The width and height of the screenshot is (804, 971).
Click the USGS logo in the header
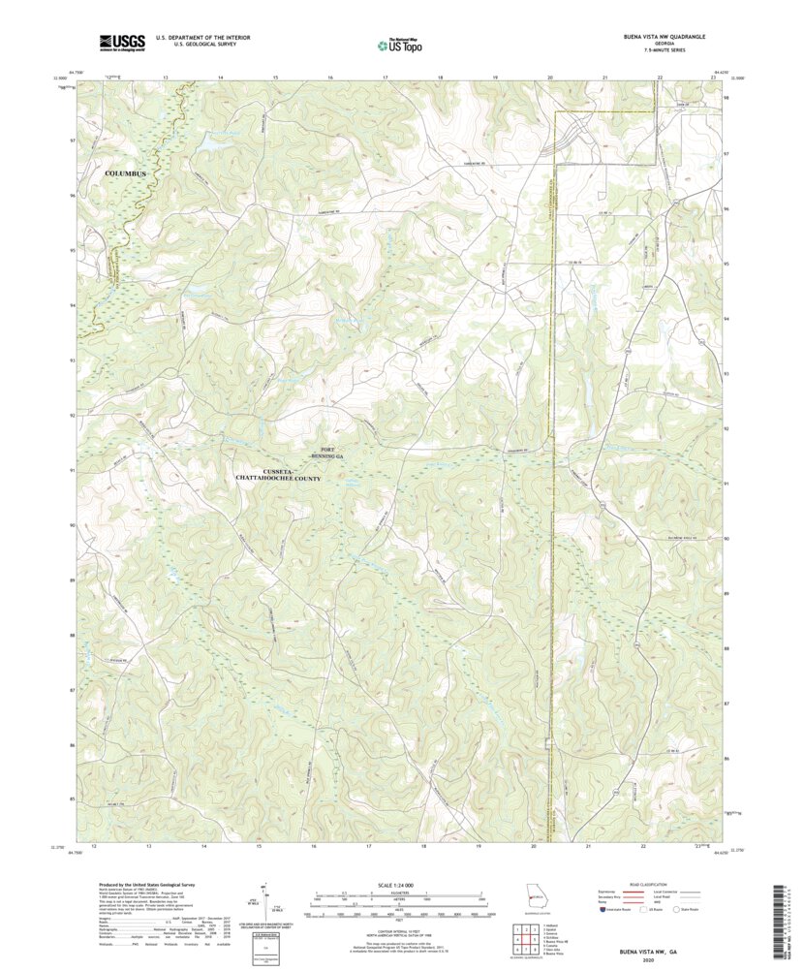121,42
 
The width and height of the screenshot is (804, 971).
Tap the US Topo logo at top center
399,43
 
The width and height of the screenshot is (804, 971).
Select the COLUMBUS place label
126,173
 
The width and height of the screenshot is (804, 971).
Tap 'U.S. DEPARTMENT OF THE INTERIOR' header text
197,38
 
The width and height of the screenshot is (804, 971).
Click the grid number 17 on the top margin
386,76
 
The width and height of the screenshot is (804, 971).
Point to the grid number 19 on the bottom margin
479,846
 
